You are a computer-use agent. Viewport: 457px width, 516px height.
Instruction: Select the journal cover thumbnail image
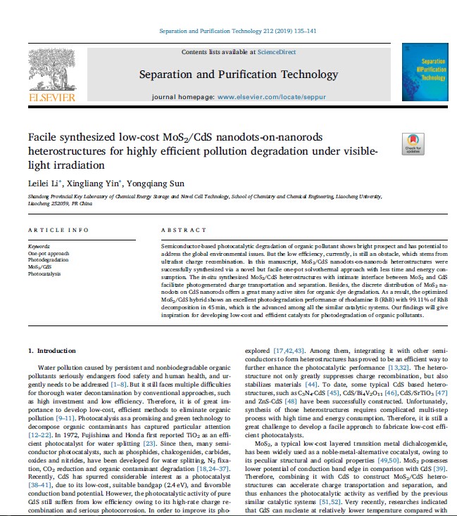(x=424, y=72)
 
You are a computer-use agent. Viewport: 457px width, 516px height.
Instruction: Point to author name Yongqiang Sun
(x=148, y=183)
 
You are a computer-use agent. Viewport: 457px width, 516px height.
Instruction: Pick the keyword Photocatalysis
(x=43, y=273)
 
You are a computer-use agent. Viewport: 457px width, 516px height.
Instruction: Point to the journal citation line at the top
(x=227, y=31)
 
